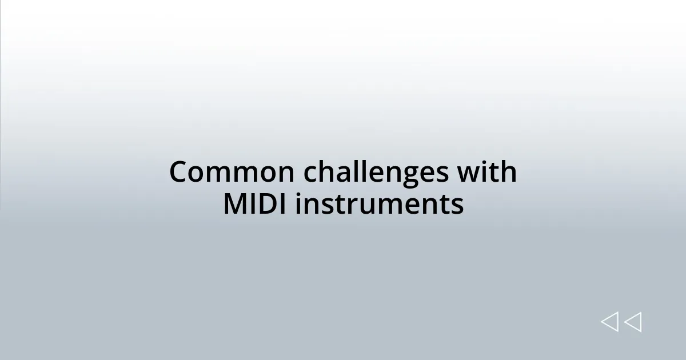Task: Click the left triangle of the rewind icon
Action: click(x=610, y=322)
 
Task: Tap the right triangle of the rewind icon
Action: click(x=633, y=322)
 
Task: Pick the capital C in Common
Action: click(x=179, y=172)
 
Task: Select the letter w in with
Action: click(x=470, y=174)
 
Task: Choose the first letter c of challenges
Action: click(x=310, y=174)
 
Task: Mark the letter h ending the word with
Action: click(x=509, y=172)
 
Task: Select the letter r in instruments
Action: click(x=353, y=206)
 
